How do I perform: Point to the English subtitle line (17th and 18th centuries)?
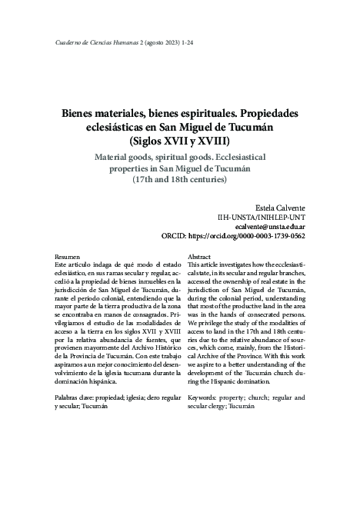tap(180, 180)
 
